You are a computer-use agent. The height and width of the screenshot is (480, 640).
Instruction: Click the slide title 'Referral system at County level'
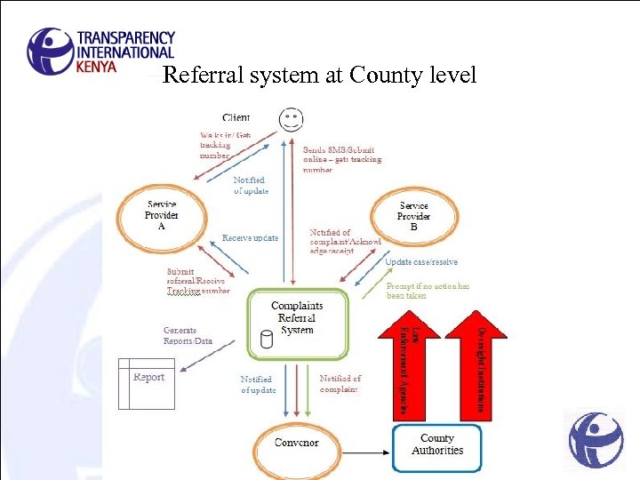320,76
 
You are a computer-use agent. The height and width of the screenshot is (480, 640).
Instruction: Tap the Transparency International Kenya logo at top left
101,51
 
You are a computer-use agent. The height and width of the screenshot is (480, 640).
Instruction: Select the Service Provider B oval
413,216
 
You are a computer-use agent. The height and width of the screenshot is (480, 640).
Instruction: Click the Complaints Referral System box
297,323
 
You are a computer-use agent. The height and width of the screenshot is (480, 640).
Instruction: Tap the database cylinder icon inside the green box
265,339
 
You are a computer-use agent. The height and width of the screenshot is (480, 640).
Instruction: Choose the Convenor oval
296,442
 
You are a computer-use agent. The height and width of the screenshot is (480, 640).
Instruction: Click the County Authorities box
437,444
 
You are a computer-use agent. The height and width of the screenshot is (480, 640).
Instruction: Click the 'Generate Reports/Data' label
188,335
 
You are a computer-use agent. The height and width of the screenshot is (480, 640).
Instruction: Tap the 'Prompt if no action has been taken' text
428,291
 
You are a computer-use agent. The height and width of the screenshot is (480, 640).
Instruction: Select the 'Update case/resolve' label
421,262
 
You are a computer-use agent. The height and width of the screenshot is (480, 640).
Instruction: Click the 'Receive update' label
250,238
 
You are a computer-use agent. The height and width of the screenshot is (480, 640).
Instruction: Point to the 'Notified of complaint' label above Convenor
340,384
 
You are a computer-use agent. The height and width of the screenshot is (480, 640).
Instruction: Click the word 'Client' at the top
236,117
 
